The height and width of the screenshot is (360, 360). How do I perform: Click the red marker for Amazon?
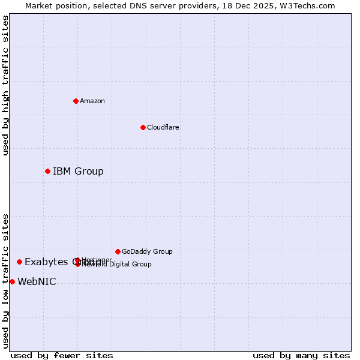pyautogui.click(x=76, y=101)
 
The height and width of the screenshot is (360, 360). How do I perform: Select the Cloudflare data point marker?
pyautogui.click(x=143, y=127)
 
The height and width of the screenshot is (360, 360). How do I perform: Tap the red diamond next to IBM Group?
pyautogui.click(x=47, y=172)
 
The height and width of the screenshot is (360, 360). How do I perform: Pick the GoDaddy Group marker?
pyautogui.click(x=118, y=251)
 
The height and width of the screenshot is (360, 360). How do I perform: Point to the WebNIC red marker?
pyautogui.click(x=12, y=282)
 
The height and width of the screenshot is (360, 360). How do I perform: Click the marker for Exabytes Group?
pyautogui.click(x=19, y=262)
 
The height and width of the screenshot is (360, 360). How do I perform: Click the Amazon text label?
pyautogui.click(x=92, y=101)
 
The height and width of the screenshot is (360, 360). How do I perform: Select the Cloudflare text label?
pyautogui.click(x=163, y=127)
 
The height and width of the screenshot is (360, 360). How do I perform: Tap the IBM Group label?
pyautogui.click(x=78, y=172)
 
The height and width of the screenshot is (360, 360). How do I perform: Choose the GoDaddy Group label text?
pyautogui.click(x=147, y=251)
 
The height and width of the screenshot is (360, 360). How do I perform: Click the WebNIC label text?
pyautogui.click(x=37, y=282)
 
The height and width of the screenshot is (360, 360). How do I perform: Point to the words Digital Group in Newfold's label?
pyautogui.click(x=129, y=264)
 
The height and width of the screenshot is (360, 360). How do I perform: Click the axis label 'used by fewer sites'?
pyautogui.click(x=62, y=355)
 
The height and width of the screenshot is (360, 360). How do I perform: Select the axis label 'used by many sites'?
pyautogui.click(x=301, y=355)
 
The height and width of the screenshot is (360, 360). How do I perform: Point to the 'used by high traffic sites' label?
pyautogui.click(x=5, y=85)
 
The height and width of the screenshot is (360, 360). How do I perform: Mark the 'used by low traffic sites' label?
pyautogui.click(x=5, y=281)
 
